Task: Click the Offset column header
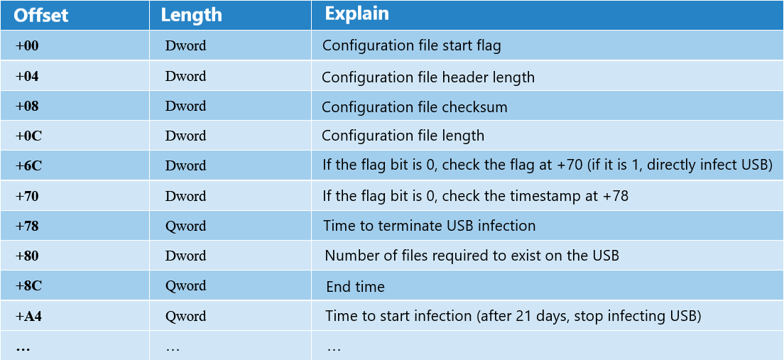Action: [x=40, y=16]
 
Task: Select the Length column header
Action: [x=191, y=16]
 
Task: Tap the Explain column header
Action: [x=356, y=14]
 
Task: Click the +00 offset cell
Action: [x=27, y=45]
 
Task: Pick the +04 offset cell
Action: [x=27, y=76]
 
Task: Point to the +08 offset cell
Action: [x=27, y=106]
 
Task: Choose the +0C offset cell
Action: [x=28, y=136]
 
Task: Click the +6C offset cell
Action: [x=28, y=165]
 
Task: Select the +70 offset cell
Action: [x=27, y=196]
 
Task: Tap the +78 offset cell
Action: [x=27, y=226]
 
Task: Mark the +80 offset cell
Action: [x=27, y=256]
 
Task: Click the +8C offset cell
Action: [x=28, y=285]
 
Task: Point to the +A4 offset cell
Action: [x=28, y=316]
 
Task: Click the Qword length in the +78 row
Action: [x=185, y=227]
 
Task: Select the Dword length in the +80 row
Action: [x=185, y=256]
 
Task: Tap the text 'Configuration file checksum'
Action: [x=415, y=107]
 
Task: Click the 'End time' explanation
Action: [x=356, y=286]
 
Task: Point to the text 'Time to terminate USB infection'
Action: [x=430, y=226]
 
